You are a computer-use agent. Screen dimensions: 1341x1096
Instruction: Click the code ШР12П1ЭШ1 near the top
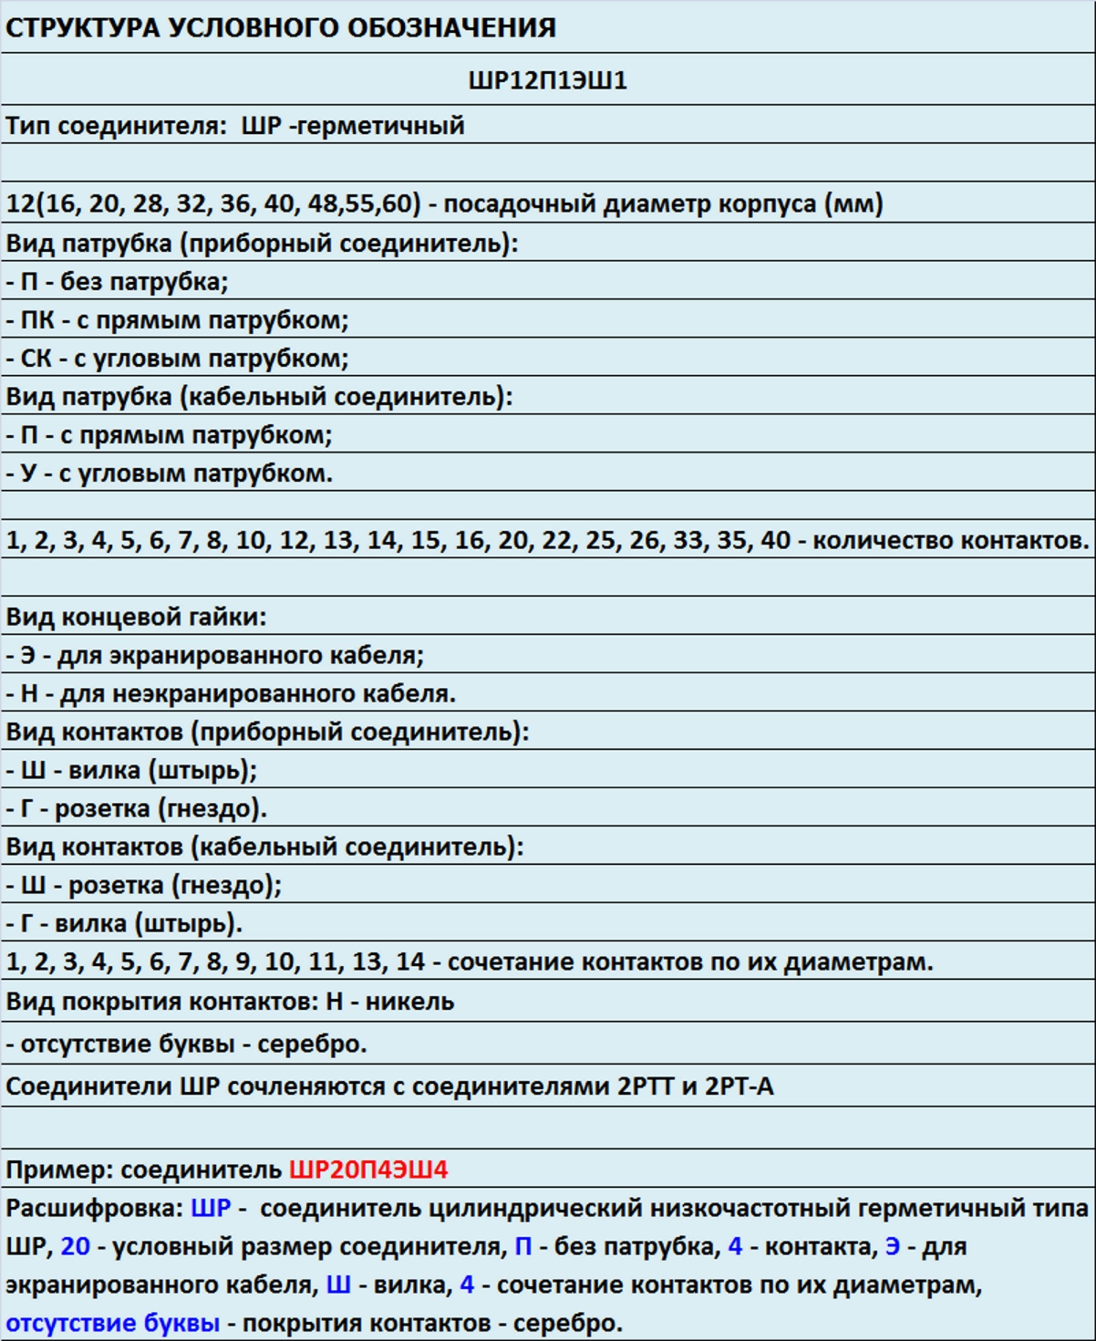(547, 80)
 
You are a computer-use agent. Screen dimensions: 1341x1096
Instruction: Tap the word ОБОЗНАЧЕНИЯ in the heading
(452, 28)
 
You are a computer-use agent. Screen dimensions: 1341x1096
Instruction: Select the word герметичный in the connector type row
(381, 126)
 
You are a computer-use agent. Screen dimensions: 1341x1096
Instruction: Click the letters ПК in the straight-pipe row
(37, 321)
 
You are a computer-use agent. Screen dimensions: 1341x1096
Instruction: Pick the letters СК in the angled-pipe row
(36, 359)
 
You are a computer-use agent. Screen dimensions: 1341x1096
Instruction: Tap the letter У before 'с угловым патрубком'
(29, 473)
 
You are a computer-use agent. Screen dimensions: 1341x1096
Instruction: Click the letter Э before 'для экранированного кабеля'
(28, 655)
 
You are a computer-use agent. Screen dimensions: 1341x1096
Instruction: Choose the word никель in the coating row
(410, 1001)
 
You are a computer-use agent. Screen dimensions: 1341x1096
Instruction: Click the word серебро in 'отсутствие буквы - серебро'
(312, 1044)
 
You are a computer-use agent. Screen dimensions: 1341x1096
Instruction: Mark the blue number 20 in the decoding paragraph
(75, 1246)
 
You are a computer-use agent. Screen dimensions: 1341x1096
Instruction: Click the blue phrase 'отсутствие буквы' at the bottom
(113, 1323)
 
